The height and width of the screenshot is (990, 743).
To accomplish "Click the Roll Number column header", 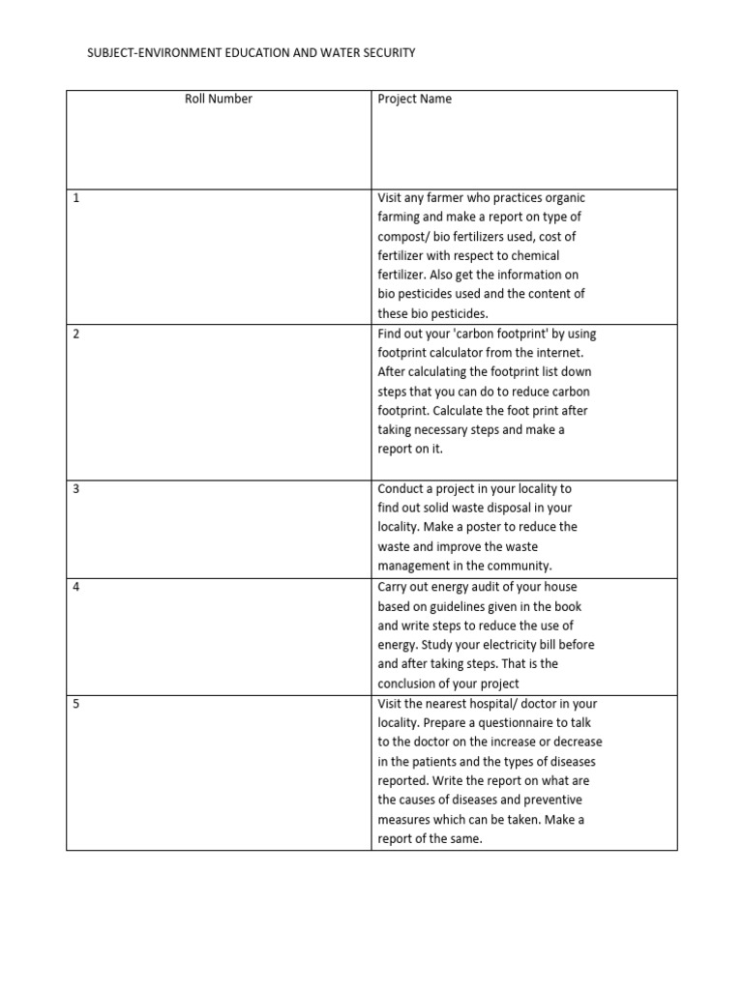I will (219, 99).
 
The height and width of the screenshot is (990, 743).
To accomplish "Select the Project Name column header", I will (414, 99).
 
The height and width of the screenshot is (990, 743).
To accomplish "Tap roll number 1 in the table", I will (75, 197).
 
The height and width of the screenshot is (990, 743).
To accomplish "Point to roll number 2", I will (75, 334).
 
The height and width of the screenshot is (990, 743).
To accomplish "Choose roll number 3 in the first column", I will (75, 489).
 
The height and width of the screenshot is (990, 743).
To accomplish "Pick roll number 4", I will (75, 587).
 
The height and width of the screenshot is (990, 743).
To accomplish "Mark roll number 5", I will (75, 704).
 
